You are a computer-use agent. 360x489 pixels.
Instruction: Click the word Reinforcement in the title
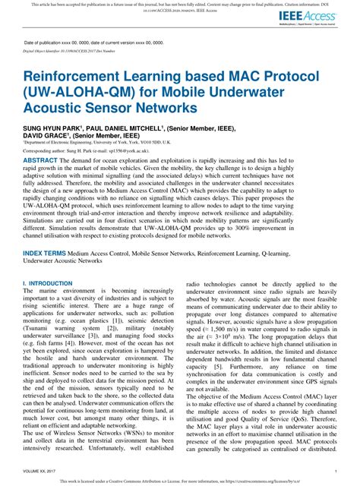[84, 77]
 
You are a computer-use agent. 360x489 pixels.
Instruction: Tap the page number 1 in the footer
[335, 470]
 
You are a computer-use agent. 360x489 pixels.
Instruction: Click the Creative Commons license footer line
[180, 482]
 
